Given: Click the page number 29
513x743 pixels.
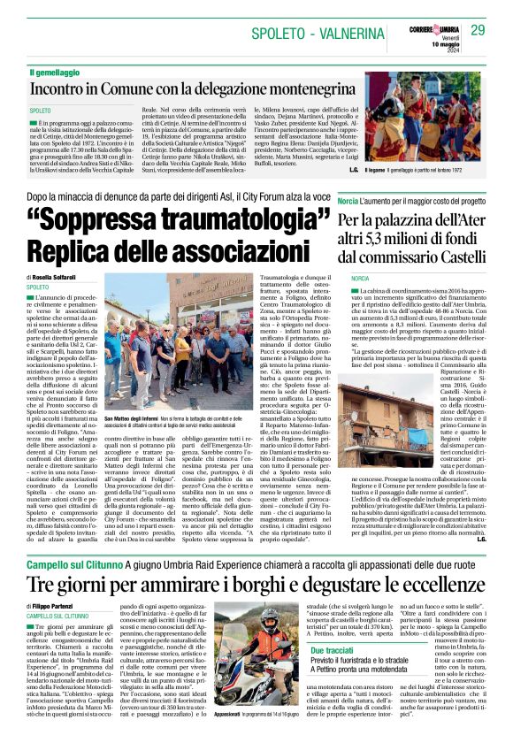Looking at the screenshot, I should click(x=479, y=31).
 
